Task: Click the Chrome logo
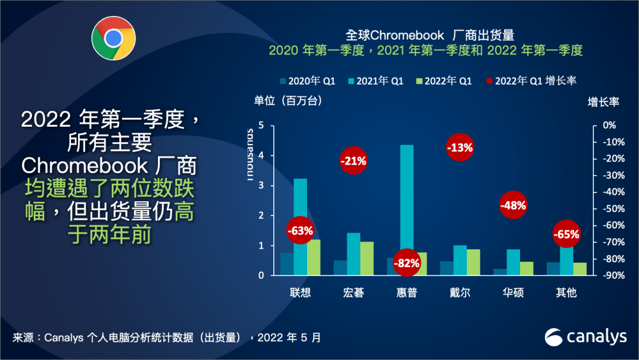pyautogui.click(x=113, y=38)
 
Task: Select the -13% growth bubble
pyautogui.click(x=460, y=148)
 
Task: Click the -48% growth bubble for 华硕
pyautogui.click(x=513, y=205)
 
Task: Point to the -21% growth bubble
pyautogui.click(x=353, y=160)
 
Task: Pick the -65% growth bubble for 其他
pyautogui.click(x=566, y=234)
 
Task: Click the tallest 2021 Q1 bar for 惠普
pyautogui.click(x=406, y=201)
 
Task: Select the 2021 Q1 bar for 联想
pyautogui.click(x=301, y=201)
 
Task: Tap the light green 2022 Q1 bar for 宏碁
pyautogui.click(x=367, y=258)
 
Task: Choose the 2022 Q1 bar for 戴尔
pyautogui.click(x=473, y=262)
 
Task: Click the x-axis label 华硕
pyautogui.click(x=513, y=292)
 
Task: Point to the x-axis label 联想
pyautogui.click(x=301, y=292)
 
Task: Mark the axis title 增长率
pyautogui.click(x=603, y=102)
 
